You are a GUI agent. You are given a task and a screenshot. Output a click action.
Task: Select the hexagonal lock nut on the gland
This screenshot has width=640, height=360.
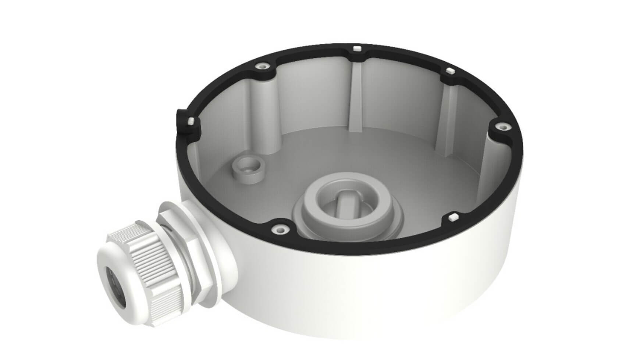[191, 254]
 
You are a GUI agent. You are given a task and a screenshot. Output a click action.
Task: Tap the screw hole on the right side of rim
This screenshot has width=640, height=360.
[499, 127]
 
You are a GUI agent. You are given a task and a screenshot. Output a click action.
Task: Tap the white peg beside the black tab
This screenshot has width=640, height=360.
[191, 121]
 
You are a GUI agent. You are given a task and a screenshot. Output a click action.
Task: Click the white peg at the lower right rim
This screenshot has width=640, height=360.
[453, 217]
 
